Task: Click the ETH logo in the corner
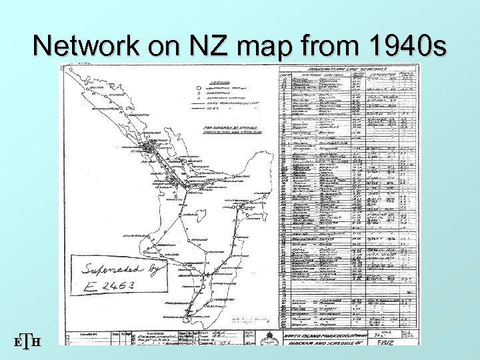27,341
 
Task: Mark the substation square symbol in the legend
198,94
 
